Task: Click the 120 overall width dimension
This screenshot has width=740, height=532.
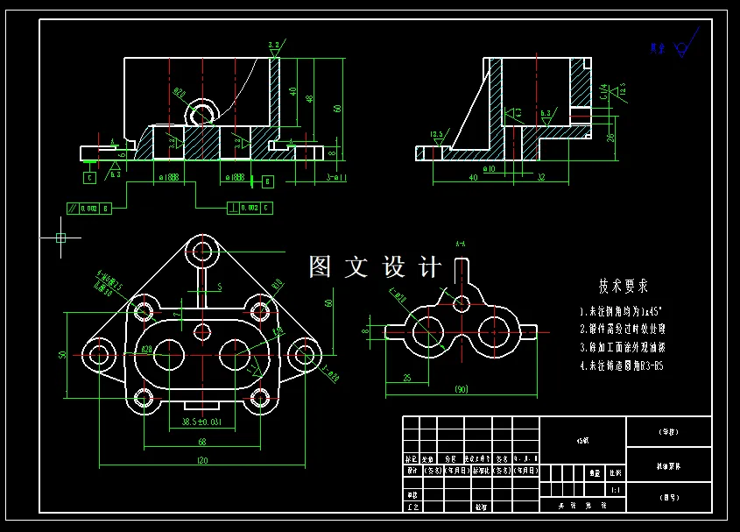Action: click(202, 461)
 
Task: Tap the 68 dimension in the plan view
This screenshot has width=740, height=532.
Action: click(202, 442)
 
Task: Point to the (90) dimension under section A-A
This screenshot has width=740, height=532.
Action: click(461, 388)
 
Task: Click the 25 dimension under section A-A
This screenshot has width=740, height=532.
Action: click(408, 377)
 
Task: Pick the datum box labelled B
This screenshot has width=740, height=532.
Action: click(267, 181)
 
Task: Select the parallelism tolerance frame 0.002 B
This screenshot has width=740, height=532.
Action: click(88, 209)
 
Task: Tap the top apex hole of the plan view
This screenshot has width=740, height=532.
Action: click(203, 250)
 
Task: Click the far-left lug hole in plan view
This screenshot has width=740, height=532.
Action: click(96, 354)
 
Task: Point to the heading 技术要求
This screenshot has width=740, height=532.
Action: click(624, 287)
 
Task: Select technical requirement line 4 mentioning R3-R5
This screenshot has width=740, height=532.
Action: click(621, 365)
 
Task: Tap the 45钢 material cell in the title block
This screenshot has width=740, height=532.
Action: click(583, 441)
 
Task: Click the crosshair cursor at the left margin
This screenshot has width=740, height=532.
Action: click(60, 237)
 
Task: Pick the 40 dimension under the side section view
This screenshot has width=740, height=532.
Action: click(474, 177)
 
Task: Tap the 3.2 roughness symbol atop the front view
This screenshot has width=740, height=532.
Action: click(274, 48)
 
